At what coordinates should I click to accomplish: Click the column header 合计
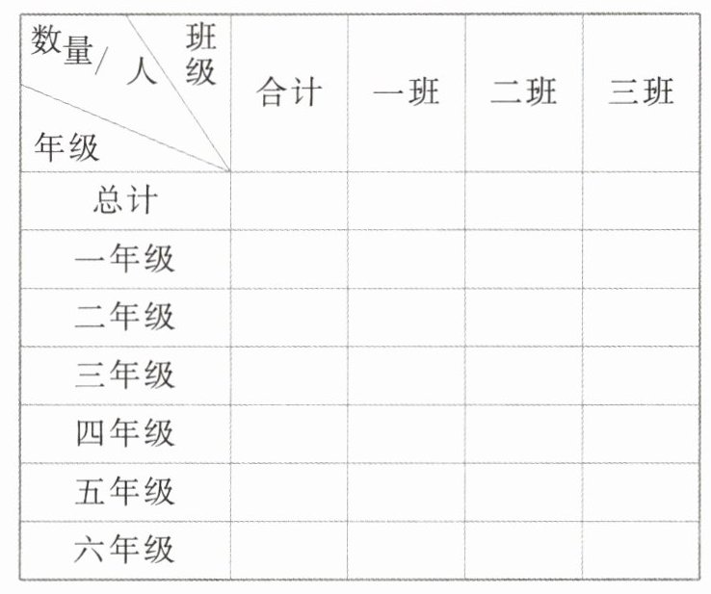point(289,93)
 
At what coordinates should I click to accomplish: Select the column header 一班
point(406,93)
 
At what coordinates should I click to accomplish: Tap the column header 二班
point(523,93)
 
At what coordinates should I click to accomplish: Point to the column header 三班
point(641,93)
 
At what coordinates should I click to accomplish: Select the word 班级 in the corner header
point(201,56)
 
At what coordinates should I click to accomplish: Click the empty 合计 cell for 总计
point(289,201)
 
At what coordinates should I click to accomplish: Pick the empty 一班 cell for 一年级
point(406,259)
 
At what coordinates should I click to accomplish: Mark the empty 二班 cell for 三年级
point(523,375)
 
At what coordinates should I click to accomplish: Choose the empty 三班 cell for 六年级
point(641,551)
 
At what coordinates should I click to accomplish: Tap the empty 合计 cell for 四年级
point(289,433)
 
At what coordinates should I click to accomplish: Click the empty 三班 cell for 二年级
point(641,317)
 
